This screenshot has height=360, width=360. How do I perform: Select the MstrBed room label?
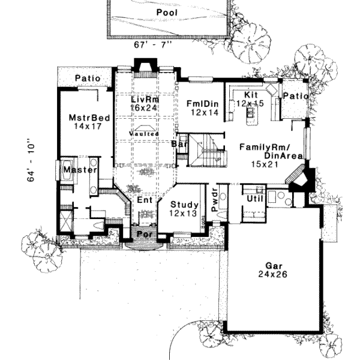coord(89,118)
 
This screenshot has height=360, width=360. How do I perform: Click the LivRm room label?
coord(144,98)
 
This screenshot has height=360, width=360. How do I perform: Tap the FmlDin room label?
coord(201,102)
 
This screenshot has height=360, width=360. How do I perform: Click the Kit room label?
coord(251,95)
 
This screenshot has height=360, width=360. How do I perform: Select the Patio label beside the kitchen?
coord(296,96)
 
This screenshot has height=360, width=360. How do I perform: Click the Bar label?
coord(177,145)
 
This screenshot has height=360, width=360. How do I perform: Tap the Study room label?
coord(184,205)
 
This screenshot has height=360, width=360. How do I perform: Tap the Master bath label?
coord(80,170)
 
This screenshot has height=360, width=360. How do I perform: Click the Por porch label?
coord(144,233)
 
